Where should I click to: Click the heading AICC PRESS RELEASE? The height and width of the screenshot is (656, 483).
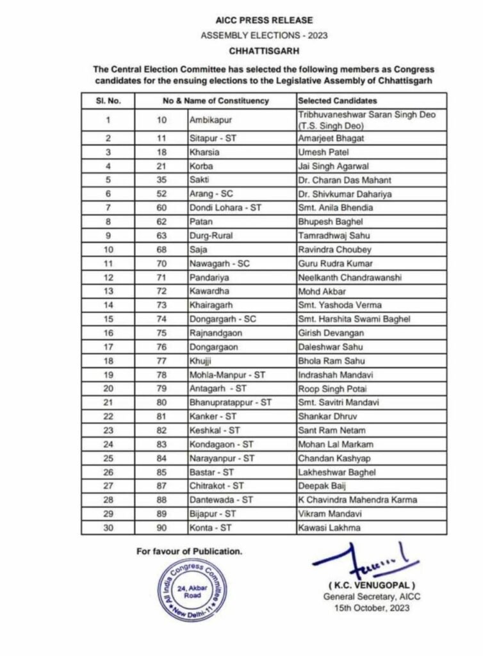tap(264, 20)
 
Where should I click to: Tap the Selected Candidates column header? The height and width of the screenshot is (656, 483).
tap(338, 101)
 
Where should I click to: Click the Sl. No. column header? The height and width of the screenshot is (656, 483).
tap(108, 101)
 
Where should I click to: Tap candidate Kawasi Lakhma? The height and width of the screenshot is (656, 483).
tap(329, 528)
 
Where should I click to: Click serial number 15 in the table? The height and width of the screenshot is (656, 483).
tap(108, 319)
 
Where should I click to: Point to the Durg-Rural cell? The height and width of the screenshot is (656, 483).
tap(211, 236)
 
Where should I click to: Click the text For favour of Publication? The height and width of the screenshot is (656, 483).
tap(189, 551)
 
